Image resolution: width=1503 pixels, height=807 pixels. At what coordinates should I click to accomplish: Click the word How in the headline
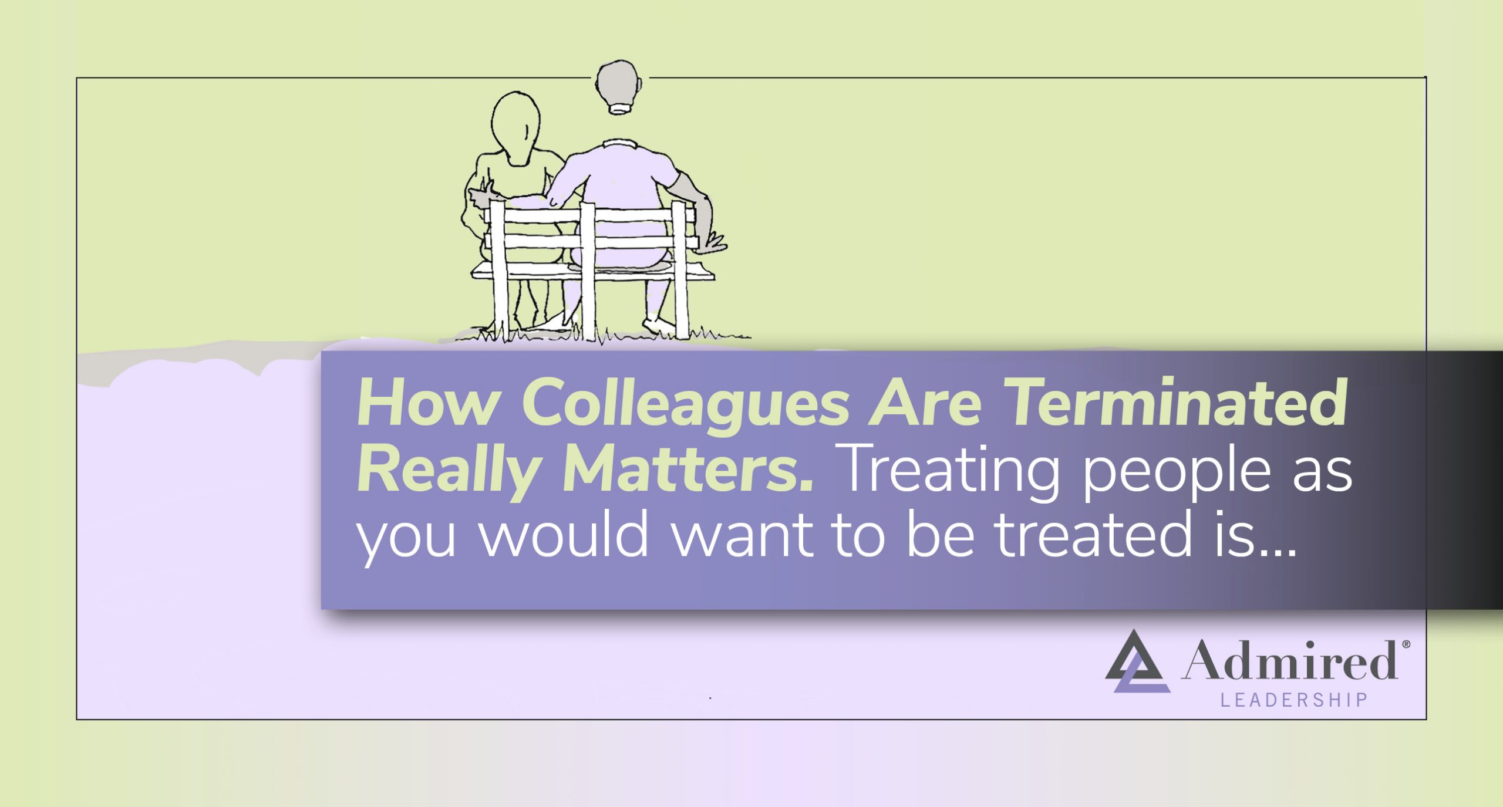pos(428,404)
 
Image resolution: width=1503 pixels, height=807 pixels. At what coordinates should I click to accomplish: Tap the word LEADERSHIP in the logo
pos(1294,700)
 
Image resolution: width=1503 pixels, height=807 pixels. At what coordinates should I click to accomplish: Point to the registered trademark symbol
pos(1406,644)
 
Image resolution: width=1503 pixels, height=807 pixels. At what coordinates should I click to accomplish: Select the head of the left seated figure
pos(515,126)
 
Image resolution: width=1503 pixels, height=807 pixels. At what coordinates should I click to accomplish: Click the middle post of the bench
pos(588,270)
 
